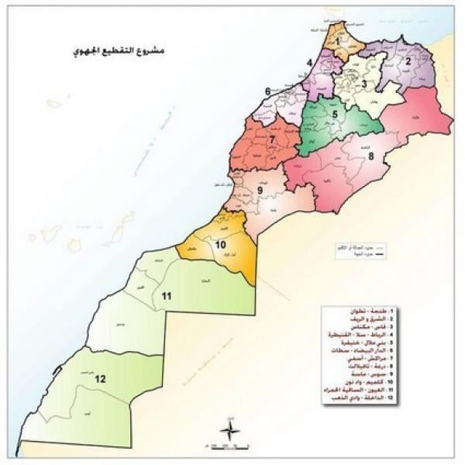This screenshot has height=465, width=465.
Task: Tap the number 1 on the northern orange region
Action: (337, 33)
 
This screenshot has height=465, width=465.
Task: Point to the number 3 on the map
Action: (364, 83)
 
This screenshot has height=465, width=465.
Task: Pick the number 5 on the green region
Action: (335, 114)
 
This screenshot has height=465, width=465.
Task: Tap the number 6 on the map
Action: (267, 91)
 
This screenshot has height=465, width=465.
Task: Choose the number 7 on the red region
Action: (272, 139)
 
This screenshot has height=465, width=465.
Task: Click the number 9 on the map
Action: (260, 190)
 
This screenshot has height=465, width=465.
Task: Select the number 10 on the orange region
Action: (221, 246)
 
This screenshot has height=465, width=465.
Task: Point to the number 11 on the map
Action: (166, 295)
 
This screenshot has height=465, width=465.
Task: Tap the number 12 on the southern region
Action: (99, 379)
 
